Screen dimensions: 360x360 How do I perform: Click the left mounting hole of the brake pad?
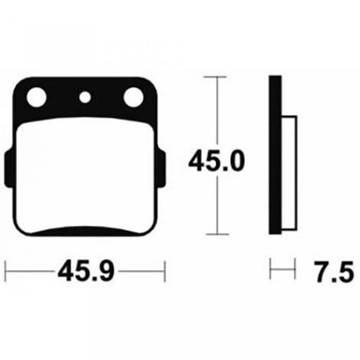click(x=36, y=97)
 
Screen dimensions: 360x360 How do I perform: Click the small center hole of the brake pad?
click(x=85, y=97)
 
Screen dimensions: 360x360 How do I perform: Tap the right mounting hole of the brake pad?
click(x=133, y=97)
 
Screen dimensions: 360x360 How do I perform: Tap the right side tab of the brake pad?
click(x=161, y=168)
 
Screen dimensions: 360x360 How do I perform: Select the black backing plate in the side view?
click(x=275, y=155)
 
